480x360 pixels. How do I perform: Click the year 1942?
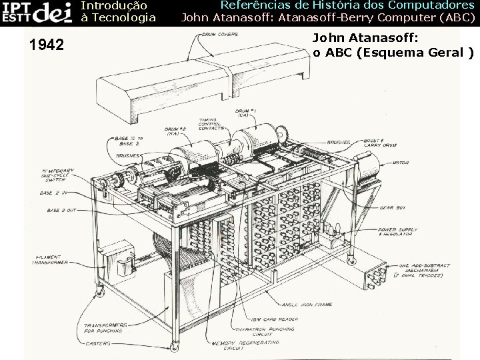[47, 45]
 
